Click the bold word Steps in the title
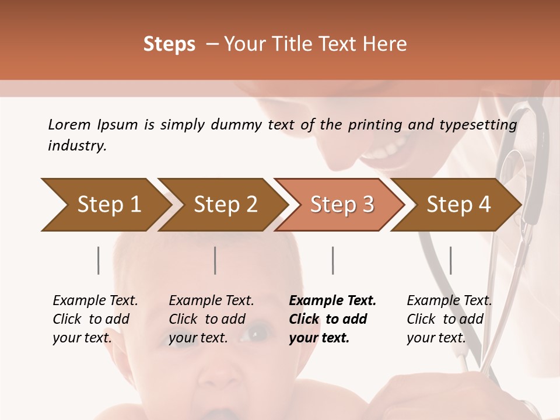(x=169, y=44)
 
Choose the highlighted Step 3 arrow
(x=342, y=205)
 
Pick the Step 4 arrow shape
(x=459, y=205)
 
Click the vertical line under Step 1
(x=98, y=260)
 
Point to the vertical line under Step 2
(x=215, y=260)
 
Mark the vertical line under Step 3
(x=332, y=260)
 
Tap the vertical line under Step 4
(x=450, y=260)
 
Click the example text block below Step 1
(x=95, y=319)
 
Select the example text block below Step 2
(x=211, y=319)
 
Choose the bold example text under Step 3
(x=332, y=319)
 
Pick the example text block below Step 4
(x=449, y=319)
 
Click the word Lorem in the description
(x=69, y=124)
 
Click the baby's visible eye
(x=255, y=334)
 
